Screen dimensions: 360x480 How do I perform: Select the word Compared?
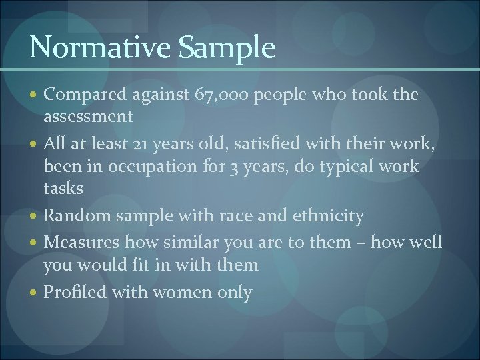[x=82, y=95]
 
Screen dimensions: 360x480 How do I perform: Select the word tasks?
[x=63, y=189]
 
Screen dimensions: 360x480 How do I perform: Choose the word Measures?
[x=81, y=241]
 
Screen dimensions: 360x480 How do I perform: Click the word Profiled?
[x=75, y=292]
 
